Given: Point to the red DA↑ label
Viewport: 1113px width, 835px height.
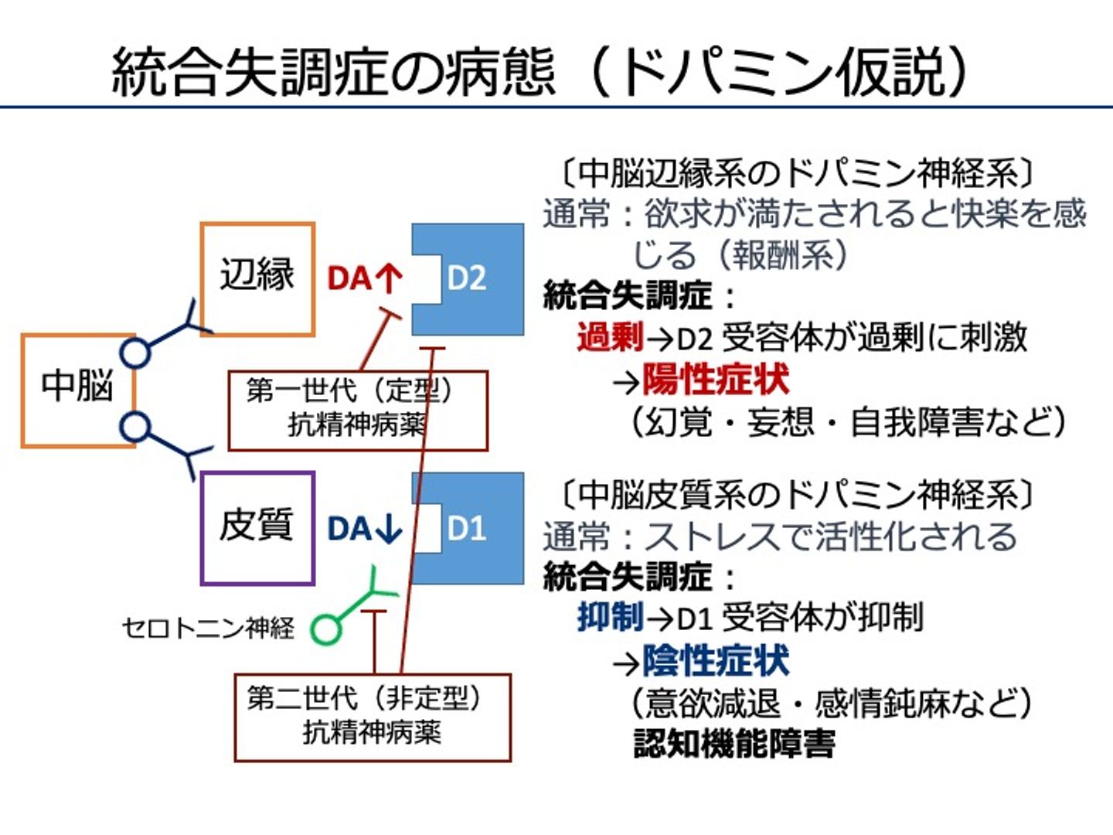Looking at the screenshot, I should coord(364,279).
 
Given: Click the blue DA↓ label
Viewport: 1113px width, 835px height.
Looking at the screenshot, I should coord(364,529).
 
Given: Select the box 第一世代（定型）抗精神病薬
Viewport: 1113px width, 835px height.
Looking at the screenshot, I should coord(357,410).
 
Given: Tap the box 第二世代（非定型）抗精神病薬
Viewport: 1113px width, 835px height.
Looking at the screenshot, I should coord(372,717).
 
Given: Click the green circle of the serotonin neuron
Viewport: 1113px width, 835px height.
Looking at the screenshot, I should coord(325,629).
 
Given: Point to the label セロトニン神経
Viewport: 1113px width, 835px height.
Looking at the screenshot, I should coord(208,627).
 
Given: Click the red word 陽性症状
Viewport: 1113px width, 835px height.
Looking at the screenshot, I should coord(715,380).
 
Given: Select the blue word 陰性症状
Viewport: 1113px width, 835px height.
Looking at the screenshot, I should coord(715,661).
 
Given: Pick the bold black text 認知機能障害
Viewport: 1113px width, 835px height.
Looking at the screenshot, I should coord(734,743).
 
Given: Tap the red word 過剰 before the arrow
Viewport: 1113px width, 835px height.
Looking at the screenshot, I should coord(610,338).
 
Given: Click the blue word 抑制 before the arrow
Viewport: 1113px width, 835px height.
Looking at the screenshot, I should coord(610,618).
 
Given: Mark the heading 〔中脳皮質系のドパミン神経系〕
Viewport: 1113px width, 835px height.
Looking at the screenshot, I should coord(796,493).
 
